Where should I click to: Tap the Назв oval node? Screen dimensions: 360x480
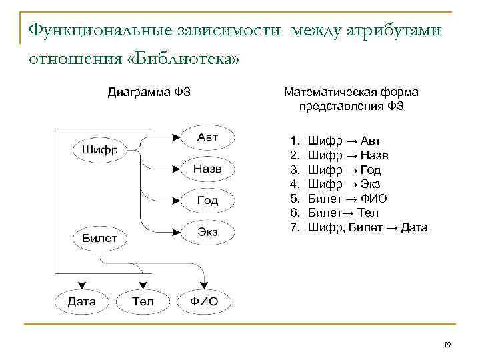coord(207,169)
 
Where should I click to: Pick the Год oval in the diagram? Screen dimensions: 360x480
coord(207,200)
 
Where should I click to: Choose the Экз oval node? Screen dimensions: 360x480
coord(207,232)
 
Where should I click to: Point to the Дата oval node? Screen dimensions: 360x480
coord(81,301)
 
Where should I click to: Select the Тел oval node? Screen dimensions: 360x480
coord(143,301)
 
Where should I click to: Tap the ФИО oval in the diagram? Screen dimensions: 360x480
coord(204,301)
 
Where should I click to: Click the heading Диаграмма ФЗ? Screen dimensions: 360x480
coord(149,92)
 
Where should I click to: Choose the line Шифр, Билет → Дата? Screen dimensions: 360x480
coord(367,228)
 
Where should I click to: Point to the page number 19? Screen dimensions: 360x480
coord(447,345)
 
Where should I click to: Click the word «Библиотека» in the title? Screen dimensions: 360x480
coord(181,59)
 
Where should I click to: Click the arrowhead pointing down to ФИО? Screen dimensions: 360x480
coord(205,285)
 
